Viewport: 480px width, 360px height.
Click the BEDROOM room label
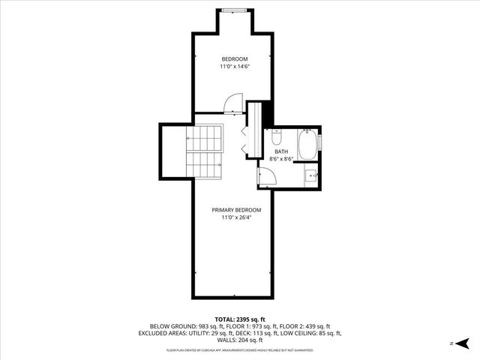pos(234,58)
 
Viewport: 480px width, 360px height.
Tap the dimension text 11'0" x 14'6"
pos(234,67)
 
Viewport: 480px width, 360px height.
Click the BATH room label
pos(281,151)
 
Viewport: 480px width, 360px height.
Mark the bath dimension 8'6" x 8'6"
pos(281,159)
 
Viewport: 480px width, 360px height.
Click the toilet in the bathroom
pos(276,138)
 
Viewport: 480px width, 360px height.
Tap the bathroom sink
pos(310,176)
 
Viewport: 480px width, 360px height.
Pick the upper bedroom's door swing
pos(234,103)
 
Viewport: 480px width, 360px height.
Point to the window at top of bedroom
pos(233,10)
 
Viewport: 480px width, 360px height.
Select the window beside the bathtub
pos(321,140)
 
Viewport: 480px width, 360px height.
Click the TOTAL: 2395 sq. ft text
pos(240,318)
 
